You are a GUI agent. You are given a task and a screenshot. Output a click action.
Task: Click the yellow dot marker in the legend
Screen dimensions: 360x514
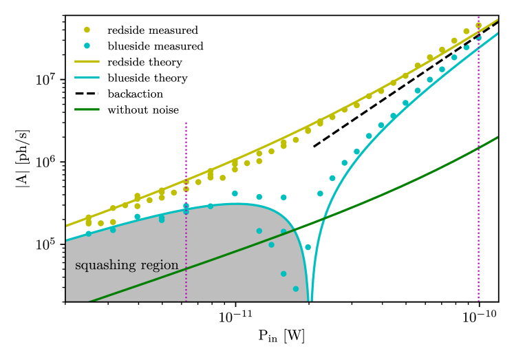click(87, 30)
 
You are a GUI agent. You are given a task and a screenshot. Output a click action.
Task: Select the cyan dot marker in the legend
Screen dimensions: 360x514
click(87, 45)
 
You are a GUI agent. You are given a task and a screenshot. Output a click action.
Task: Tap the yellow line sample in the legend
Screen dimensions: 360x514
click(87, 61)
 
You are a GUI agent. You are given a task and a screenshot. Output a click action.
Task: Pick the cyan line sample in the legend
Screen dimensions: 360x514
click(87, 78)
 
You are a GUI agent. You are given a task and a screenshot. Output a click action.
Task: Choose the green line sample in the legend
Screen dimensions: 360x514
click(87, 109)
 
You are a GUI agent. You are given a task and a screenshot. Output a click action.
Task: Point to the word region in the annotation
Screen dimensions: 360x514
click(160, 266)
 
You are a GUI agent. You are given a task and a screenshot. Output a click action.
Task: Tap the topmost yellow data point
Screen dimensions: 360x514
click(478, 25)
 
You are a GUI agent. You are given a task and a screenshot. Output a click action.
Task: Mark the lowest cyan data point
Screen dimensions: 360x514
click(296, 288)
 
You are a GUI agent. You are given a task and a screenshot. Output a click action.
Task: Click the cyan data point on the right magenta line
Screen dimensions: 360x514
click(478, 39)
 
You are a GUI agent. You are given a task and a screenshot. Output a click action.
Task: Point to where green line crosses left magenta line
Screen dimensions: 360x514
click(186, 267)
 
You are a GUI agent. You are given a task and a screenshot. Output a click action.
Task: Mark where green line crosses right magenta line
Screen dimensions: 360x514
click(478, 147)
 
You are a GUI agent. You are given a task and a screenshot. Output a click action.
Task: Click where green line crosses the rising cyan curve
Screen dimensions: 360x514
click(324, 218)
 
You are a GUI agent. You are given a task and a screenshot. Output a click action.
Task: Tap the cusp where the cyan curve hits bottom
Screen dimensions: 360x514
click(310, 300)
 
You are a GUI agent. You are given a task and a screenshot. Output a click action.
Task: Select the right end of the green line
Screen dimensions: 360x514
click(497, 138)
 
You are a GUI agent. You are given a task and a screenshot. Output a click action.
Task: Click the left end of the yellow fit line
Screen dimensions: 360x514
click(67, 226)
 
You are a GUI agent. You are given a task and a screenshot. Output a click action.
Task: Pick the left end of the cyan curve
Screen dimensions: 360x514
click(67, 240)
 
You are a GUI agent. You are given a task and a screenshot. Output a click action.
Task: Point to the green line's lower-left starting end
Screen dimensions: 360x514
click(92, 301)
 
